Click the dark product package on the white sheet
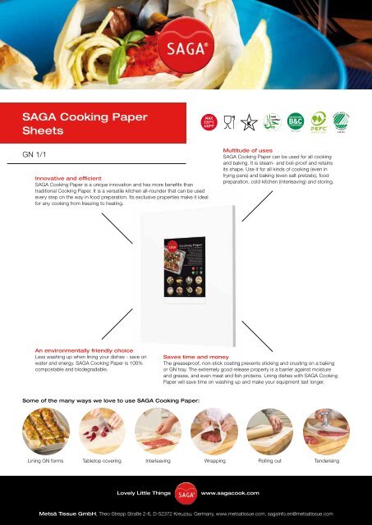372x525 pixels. coord(187,266)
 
